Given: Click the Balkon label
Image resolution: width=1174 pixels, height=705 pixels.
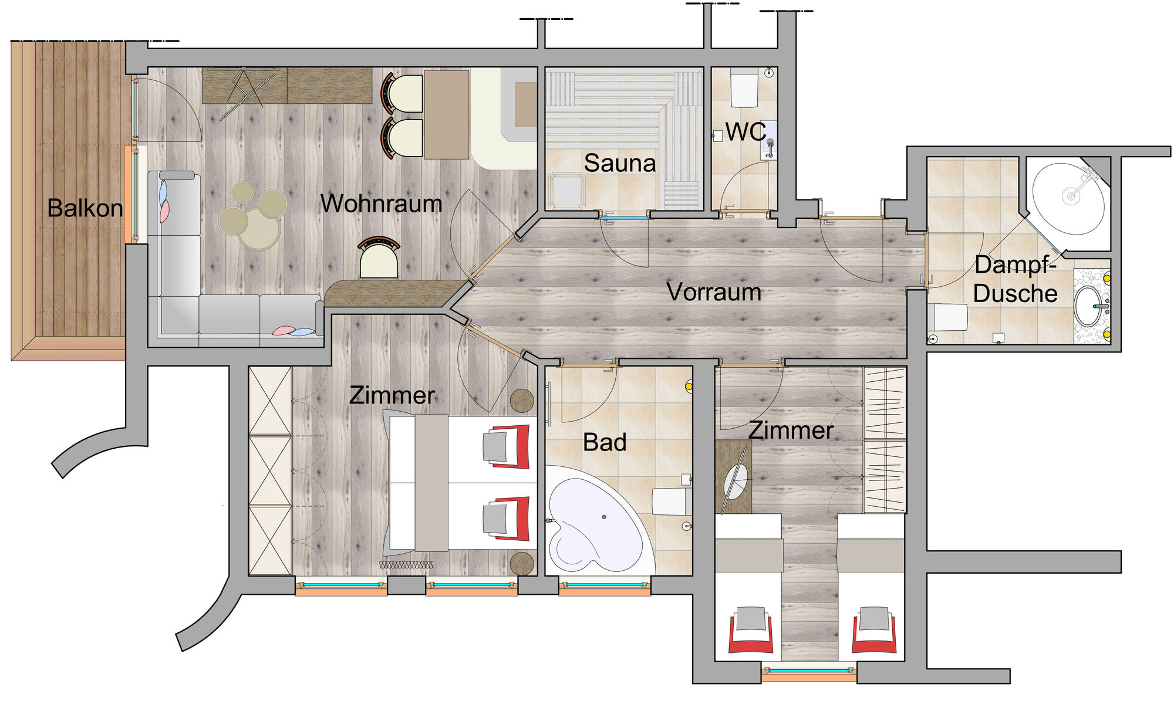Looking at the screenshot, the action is click(x=85, y=208).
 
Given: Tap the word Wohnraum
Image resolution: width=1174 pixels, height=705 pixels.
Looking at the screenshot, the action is click(x=381, y=204).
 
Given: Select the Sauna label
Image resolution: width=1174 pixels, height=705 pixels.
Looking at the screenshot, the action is click(x=620, y=163).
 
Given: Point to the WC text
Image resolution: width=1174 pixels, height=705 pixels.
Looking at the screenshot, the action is click(x=745, y=132).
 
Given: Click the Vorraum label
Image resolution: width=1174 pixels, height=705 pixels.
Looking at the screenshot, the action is click(x=714, y=292).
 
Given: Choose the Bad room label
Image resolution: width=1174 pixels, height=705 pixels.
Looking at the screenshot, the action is click(x=605, y=442).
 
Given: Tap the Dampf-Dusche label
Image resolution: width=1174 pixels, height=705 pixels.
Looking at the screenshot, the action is click(x=1015, y=279).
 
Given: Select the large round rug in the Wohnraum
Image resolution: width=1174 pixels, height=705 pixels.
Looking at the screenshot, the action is click(x=258, y=228).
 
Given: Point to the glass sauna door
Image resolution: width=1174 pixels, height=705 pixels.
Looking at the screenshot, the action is click(x=624, y=218).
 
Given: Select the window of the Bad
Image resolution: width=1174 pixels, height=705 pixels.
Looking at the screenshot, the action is click(x=605, y=587).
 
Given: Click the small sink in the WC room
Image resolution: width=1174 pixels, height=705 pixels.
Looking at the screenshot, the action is click(x=769, y=141).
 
